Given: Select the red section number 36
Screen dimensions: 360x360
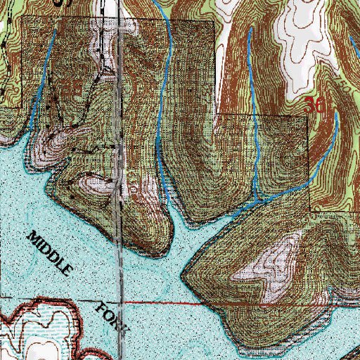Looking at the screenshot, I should (316, 106).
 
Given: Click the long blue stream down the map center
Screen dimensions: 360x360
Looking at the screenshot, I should (163, 127).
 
